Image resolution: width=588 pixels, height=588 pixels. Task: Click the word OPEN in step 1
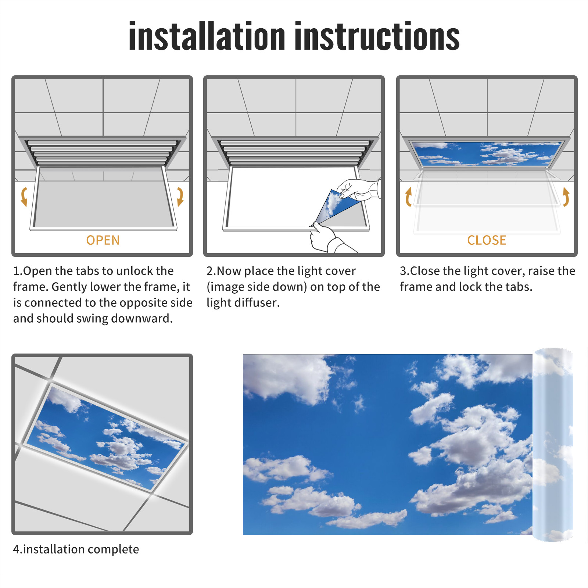103,240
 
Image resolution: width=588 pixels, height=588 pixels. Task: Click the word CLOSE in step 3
487,240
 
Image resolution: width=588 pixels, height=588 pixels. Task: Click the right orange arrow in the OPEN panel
180,197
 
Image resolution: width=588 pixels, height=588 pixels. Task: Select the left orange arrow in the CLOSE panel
408,197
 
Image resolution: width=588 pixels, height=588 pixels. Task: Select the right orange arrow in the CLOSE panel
566,197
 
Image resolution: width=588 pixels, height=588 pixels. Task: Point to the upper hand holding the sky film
358,190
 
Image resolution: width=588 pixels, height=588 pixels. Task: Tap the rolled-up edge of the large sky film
553,445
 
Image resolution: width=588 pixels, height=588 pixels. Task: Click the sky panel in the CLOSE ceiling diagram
487,154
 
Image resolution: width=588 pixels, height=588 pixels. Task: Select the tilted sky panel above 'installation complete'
106,438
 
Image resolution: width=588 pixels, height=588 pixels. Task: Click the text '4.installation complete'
76,549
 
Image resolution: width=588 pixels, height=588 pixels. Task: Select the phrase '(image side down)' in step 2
257,287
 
